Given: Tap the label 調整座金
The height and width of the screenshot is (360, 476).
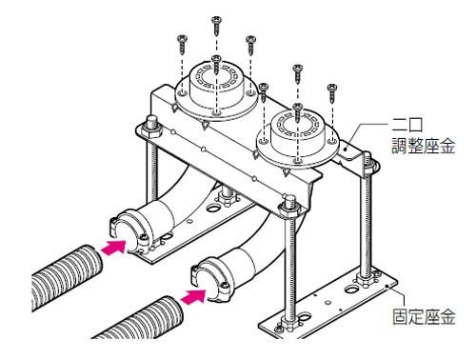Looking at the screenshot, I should click(425, 145).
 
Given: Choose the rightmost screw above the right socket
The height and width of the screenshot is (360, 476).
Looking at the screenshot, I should click(332, 90).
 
